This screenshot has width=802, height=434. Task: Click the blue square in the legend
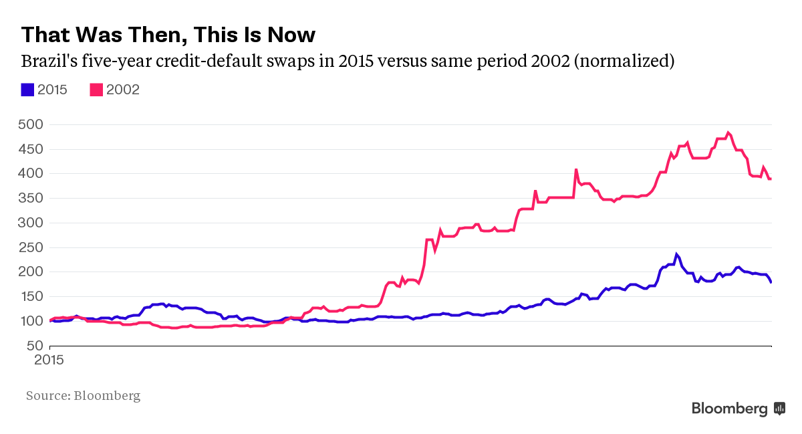tap(27, 90)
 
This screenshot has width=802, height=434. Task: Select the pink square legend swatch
tap(96, 90)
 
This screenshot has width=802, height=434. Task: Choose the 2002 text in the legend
tap(123, 90)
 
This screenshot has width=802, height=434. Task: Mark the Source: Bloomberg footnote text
tap(83, 396)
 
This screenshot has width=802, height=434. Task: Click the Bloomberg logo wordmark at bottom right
tap(730, 409)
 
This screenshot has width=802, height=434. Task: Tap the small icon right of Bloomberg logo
tap(779, 409)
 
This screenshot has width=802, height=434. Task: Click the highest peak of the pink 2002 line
tap(728, 132)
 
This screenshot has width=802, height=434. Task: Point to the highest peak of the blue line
tap(676, 254)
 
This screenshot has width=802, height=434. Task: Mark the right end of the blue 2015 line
tap(771, 282)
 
